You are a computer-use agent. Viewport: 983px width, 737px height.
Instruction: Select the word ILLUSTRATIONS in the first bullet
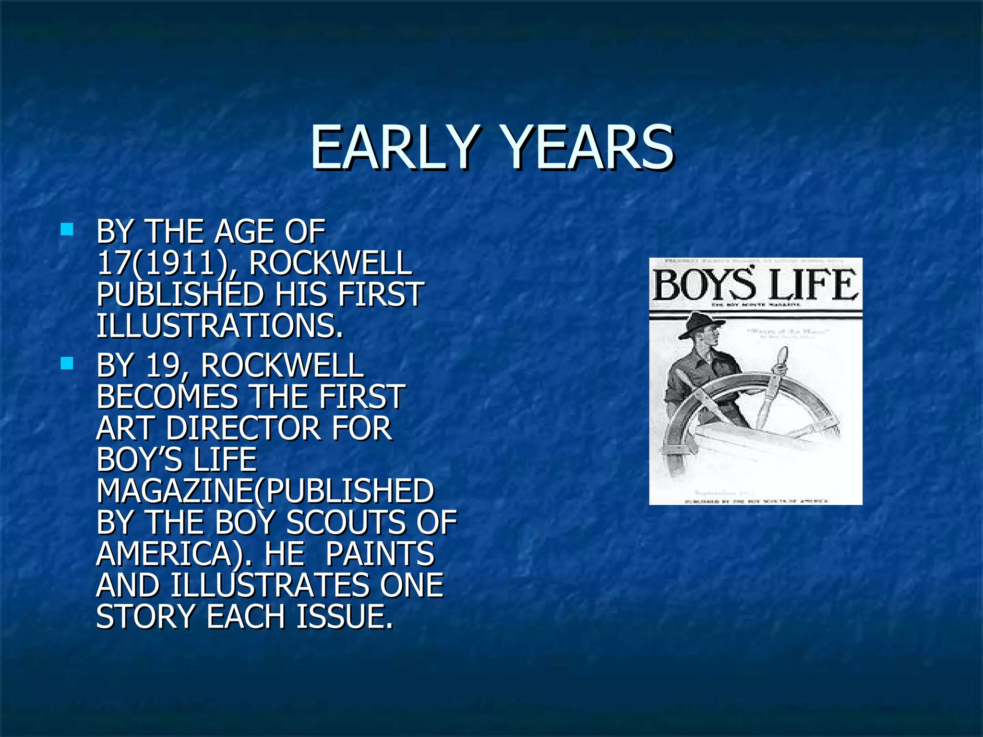coord(219,326)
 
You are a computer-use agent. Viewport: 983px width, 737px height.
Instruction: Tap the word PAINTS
coord(379,554)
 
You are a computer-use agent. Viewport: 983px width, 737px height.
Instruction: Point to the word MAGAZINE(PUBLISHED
coord(265,491)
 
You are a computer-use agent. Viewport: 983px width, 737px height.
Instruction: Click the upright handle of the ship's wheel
coord(774,384)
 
